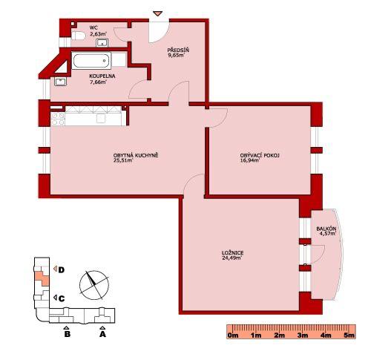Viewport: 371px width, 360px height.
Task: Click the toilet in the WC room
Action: coord(78,36)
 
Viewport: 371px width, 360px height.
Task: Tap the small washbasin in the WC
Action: coord(102,42)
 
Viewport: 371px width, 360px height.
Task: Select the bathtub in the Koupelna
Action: coord(91,61)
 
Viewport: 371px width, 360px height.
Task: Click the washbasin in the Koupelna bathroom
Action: coord(60,82)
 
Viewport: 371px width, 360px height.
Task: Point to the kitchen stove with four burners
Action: coord(58,119)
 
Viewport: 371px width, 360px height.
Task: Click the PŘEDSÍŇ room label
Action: coord(178,50)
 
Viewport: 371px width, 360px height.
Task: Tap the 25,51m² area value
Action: coord(123,160)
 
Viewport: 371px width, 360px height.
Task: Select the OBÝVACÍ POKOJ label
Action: coord(260,155)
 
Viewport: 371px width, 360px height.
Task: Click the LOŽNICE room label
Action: coord(232,253)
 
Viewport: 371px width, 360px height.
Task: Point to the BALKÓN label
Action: coord(326,229)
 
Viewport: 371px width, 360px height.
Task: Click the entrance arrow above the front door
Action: coord(157,13)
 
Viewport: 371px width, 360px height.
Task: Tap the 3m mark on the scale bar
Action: coord(303,336)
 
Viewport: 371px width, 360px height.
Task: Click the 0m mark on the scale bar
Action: coord(233,336)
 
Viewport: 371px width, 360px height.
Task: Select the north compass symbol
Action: coord(94,284)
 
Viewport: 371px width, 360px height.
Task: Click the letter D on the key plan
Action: coord(62,270)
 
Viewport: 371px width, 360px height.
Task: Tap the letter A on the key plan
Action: coord(102,334)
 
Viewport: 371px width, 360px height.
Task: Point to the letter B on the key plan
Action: coord(67,334)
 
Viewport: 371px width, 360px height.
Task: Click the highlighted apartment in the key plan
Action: coord(42,278)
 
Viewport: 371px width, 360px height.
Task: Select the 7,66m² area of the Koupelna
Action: coord(99,82)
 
